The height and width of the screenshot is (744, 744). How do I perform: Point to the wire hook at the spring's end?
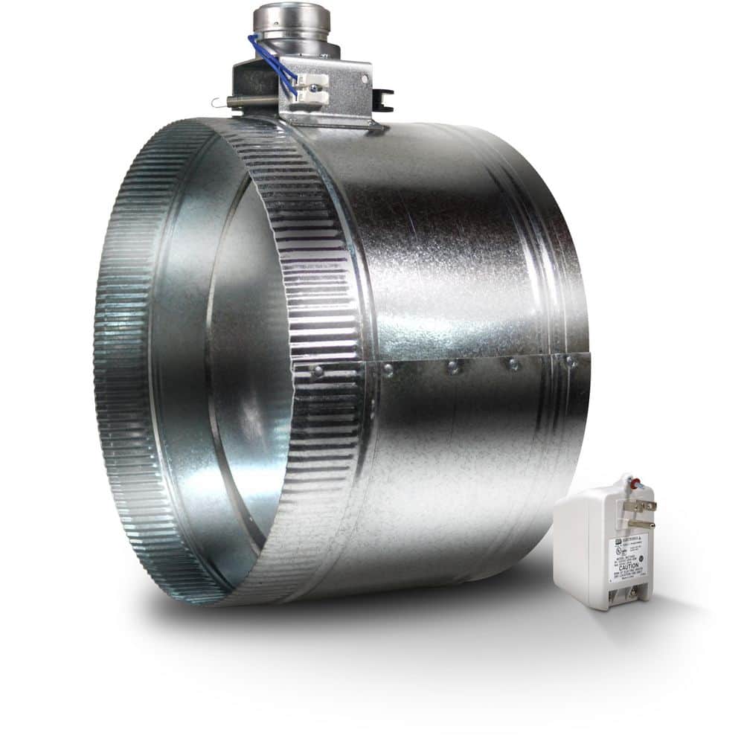point(217,103)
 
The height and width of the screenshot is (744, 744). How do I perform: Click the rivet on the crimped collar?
point(318,371)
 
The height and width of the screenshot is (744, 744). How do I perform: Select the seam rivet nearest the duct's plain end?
point(570,362)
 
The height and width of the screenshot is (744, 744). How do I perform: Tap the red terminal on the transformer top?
point(635,484)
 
